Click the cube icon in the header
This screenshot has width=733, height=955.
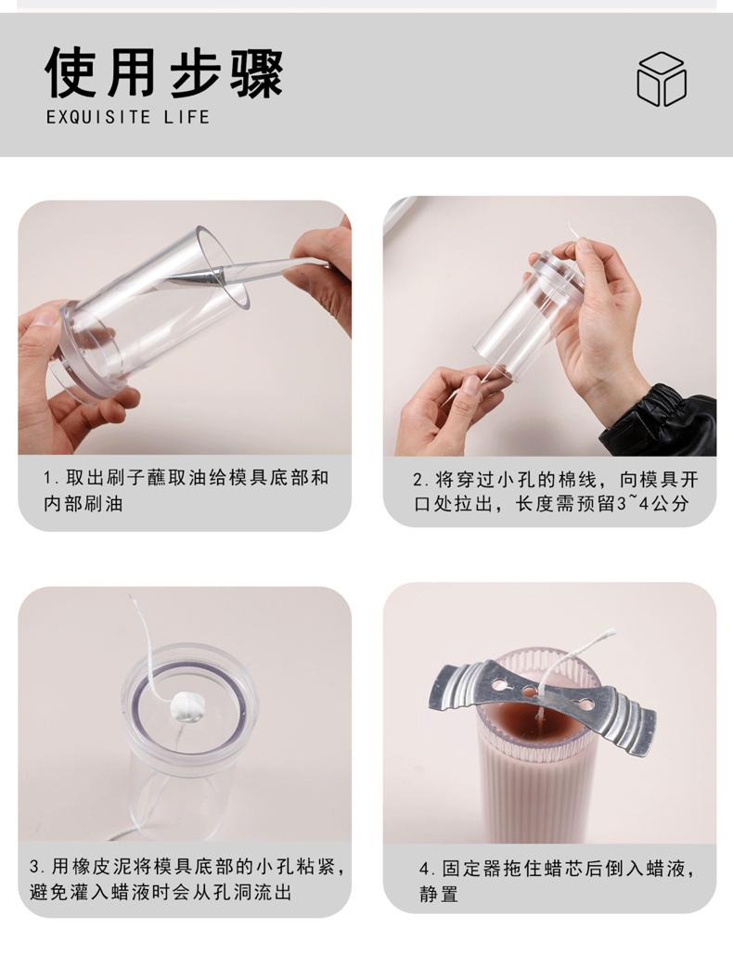point(662,79)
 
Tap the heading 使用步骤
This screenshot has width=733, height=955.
point(164,72)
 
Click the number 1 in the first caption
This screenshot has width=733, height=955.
point(47,478)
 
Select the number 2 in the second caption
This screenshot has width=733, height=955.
point(418,481)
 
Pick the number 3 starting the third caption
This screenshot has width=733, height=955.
point(34,866)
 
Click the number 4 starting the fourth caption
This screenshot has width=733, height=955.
point(424,869)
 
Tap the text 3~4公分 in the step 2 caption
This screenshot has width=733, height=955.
point(653,504)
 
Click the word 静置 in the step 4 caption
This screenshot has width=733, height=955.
point(438,894)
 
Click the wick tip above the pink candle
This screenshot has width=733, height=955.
point(611,632)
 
